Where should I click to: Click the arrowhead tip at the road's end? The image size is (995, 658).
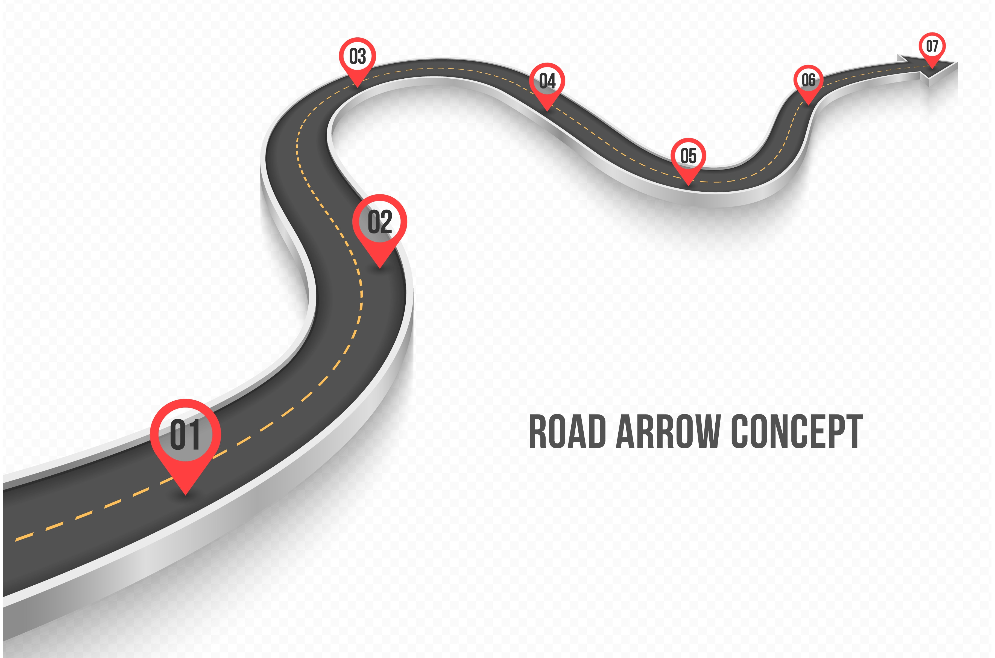pos(957,63)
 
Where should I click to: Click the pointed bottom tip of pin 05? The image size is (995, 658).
pos(688,185)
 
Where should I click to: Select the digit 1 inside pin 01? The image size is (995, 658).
pos(193,435)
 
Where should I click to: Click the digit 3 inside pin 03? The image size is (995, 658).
pos(362,57)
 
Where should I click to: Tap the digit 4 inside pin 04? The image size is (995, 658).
pos(552,81)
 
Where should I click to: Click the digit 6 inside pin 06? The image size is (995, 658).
pos(812,80)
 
